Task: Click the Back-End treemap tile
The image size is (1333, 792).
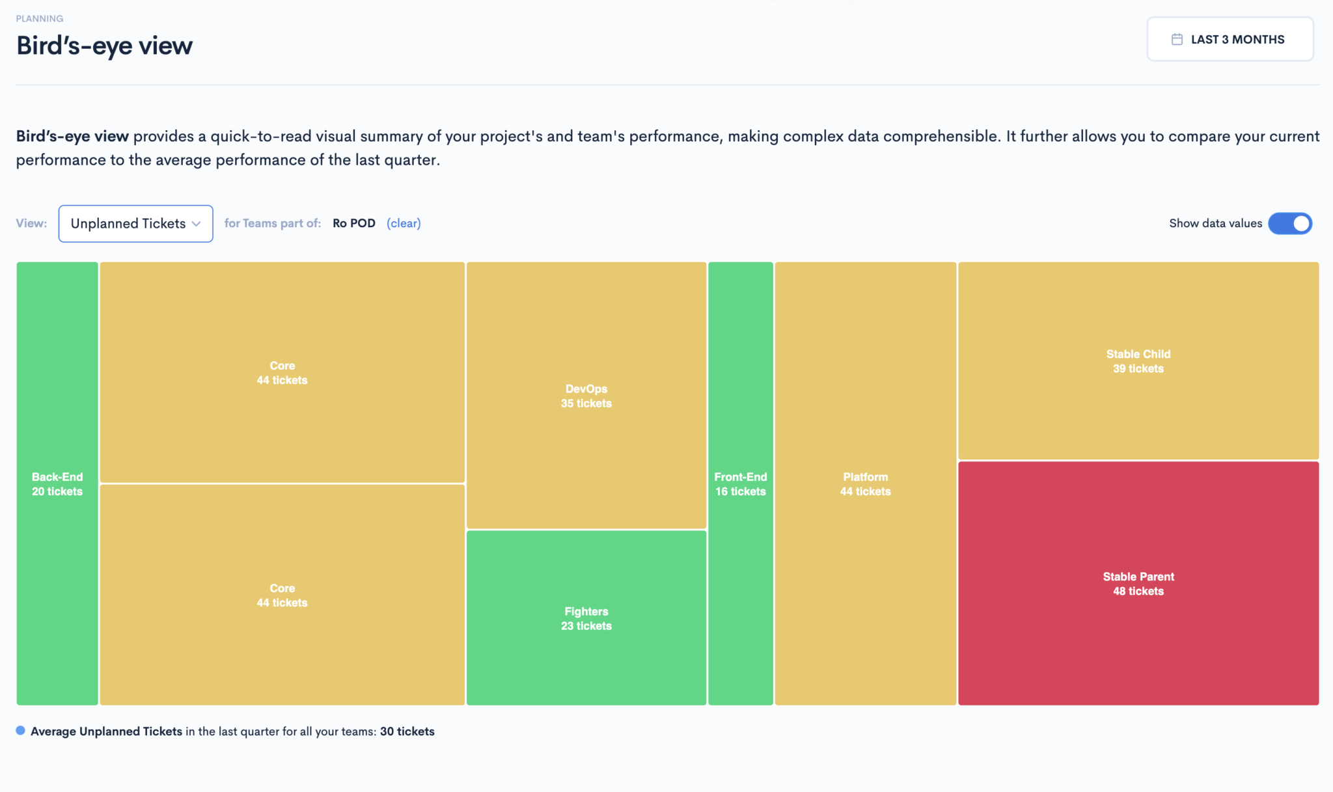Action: point(57,484)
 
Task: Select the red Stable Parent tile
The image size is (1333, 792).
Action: point(1138,583)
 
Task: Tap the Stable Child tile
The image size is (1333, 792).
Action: point(1138,361)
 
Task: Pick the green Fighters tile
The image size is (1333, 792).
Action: point(586,618)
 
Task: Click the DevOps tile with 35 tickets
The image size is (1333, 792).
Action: point(586,395)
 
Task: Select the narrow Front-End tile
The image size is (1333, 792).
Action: point(741,484)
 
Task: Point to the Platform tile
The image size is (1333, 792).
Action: point(866,484)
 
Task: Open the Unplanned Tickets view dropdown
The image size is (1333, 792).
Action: point(136,224)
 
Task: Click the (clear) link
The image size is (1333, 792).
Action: point(404,223)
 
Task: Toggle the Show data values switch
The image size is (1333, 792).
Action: point(1290,223)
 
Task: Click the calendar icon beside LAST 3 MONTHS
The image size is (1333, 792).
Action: point(1177,39)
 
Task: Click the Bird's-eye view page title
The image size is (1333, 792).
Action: point(105,46)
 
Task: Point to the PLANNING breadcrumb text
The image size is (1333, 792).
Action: point(40,18)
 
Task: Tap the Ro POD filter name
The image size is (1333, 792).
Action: point(354,223)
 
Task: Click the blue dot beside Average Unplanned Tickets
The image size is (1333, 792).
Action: point(21,730)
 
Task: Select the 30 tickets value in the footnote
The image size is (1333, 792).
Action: point(407,731)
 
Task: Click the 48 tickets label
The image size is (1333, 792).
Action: point(1138,591)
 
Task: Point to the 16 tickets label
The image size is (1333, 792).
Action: point(741,491)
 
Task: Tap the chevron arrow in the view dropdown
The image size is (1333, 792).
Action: point(196,224)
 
